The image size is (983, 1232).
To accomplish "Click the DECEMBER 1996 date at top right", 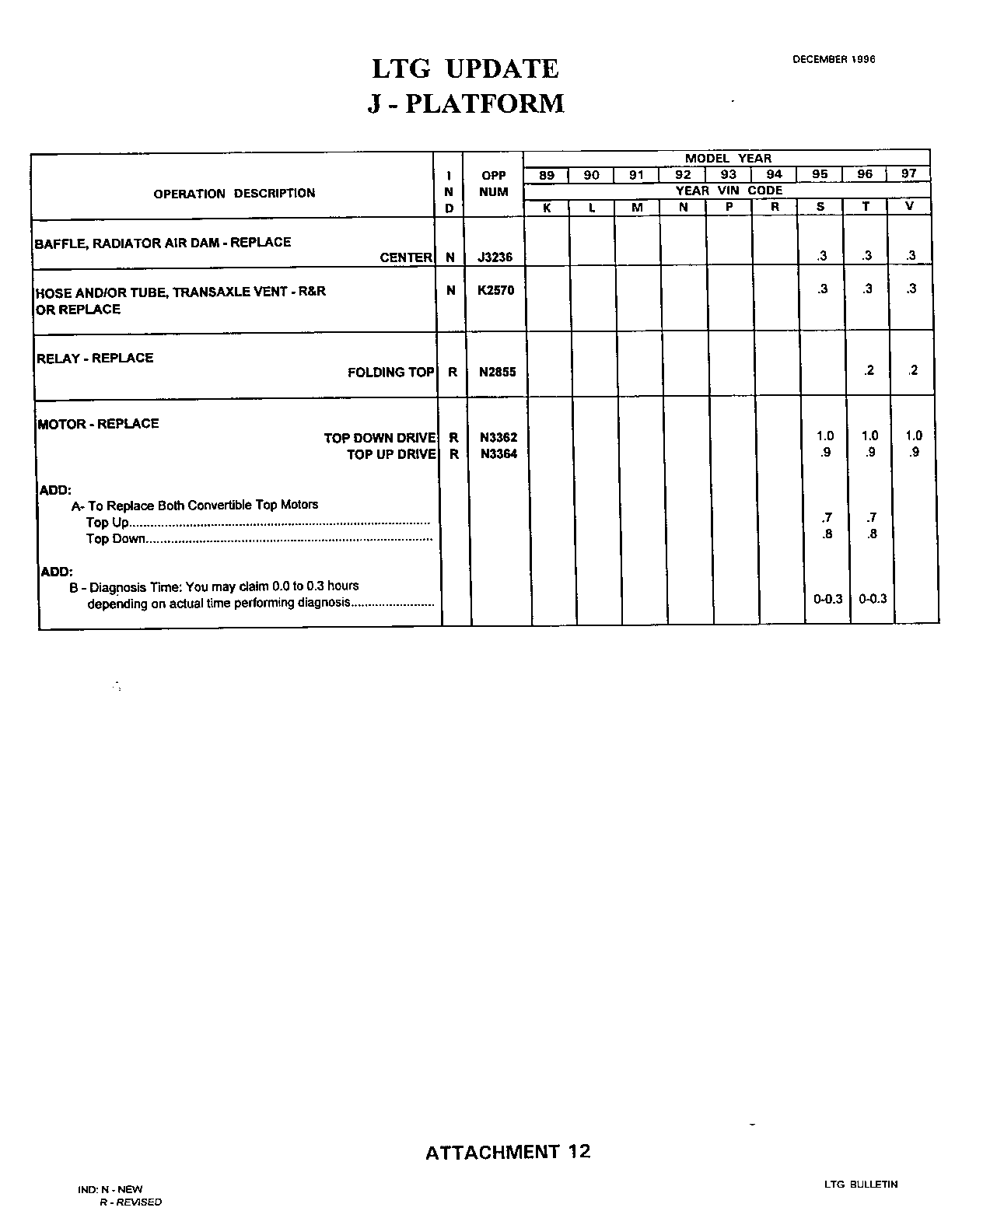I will (x=834, y=59).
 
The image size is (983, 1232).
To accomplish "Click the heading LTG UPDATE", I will (x=465, y=69).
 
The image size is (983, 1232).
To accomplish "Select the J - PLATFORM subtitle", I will (x=465, y=103).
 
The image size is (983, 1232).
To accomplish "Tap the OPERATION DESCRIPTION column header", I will (x=234, y=193).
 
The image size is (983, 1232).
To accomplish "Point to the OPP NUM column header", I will (x=494, y=184).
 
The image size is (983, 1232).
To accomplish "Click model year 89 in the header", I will (x=547, y=175).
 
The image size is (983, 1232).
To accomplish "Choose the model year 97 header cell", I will (x=908, y=174).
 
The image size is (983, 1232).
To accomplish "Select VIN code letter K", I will (x=547, y=208).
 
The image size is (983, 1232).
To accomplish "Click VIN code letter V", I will (x=909, y=207).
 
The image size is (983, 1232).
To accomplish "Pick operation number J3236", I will (x=495, y=257).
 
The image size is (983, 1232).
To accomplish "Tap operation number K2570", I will (x=496, y=290).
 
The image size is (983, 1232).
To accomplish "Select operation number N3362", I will (x=498, y=438).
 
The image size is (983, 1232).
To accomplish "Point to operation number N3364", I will (x=498, y=454).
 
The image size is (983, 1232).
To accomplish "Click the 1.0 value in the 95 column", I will (x=825, y=436).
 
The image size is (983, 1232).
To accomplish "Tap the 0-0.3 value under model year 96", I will (x=873, y=599).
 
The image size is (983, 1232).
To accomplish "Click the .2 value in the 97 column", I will (x=913, y=370).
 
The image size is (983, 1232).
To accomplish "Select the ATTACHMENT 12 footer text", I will (x=508, y=1152).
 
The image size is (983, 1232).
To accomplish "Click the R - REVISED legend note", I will (x=130, y=1202).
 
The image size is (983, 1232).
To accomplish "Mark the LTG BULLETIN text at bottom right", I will (x=861, y=1185).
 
